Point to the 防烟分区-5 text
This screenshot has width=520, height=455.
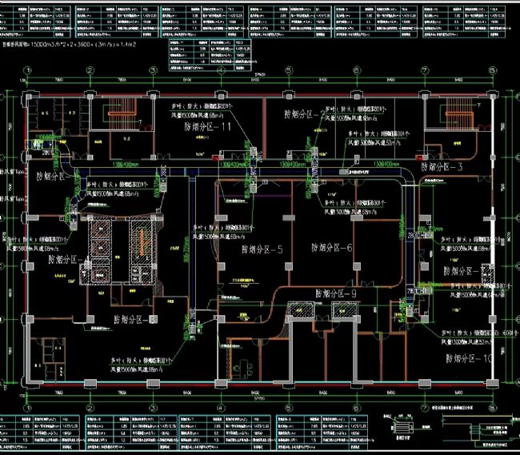(261, 249)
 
